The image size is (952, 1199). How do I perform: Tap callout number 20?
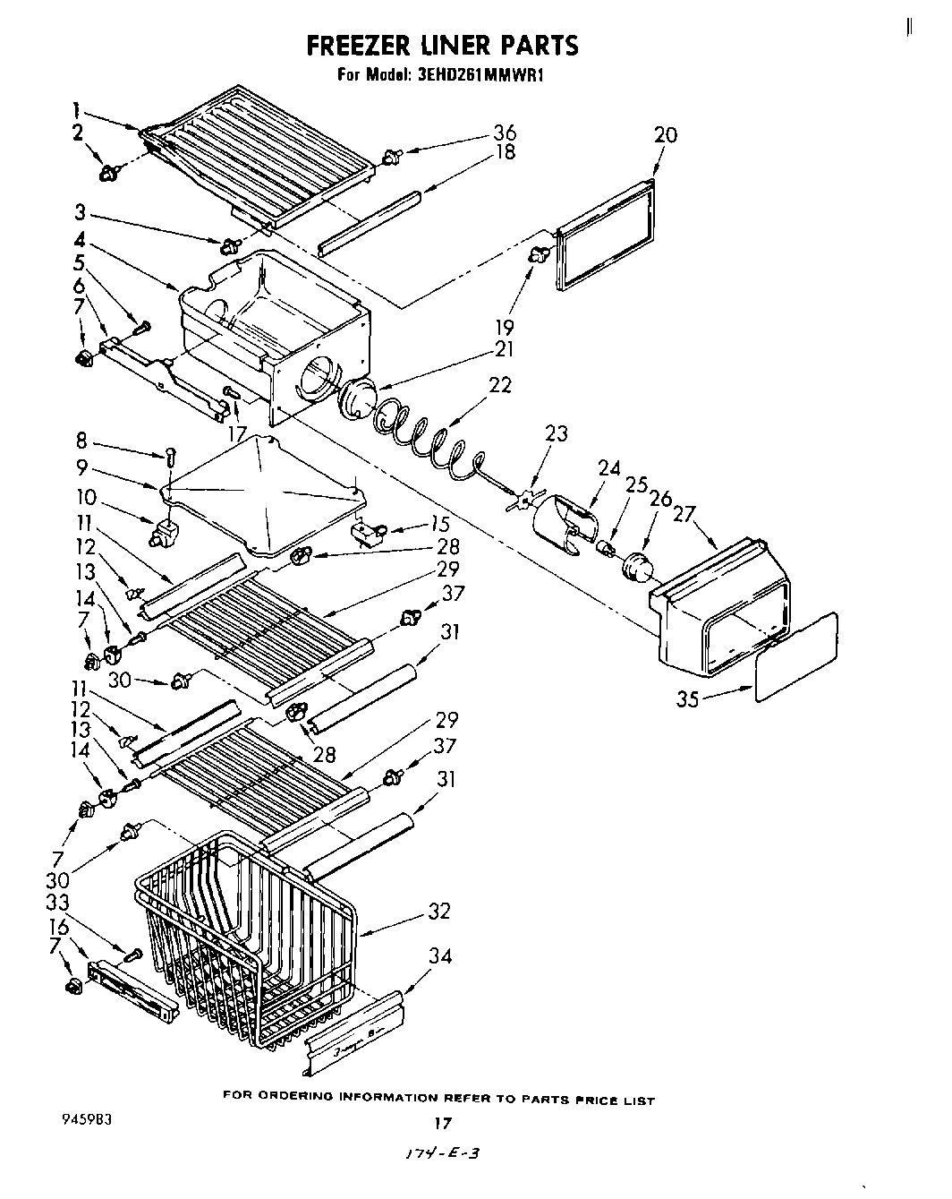[x=665, y=135]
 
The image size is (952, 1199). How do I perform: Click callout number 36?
[x=504, y=133]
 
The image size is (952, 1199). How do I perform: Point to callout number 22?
[x=500, y=384]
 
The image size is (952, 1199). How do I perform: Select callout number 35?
[x=688, y=698]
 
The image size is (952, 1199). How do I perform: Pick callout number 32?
[x=439, y=912]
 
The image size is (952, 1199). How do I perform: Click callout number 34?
[x=439, y=956]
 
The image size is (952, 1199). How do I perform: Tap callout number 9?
[x=81, y=466]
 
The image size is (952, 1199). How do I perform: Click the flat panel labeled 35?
[x=796, y=658]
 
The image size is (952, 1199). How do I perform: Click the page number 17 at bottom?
[x=441, y=1123]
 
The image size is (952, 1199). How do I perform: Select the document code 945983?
[x=88, y=1118]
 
